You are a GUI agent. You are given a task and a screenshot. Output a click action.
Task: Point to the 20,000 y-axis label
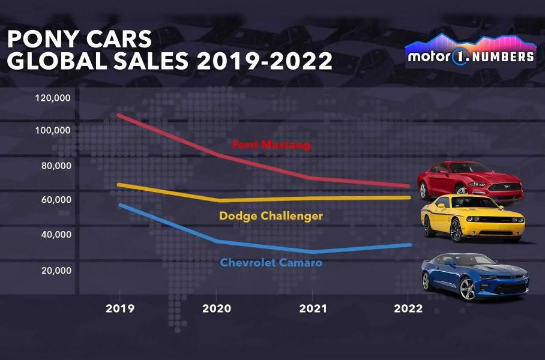(x=56, y=271)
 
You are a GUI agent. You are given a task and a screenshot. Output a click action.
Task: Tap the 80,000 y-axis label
(x=56, y=166)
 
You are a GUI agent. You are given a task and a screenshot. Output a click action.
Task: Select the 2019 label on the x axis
(x=120, y=310)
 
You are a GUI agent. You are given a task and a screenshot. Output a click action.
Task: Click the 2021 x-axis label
(x=313, y=310)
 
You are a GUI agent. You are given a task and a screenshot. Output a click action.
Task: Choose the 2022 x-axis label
(x=409, y=310)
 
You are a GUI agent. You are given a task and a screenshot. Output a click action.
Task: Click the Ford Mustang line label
(x=271, y=145)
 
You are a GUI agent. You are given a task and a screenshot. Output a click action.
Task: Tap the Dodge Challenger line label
(x=271, y=216)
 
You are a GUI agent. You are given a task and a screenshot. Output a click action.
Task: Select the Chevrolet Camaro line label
(x=271, y=263)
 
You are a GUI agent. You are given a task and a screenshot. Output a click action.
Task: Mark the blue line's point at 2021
(x=313, y=251)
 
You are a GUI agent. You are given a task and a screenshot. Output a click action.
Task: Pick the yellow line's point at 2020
(x=217, y=200)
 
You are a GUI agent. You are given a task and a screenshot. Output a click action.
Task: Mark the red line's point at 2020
(x=217, y=155)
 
